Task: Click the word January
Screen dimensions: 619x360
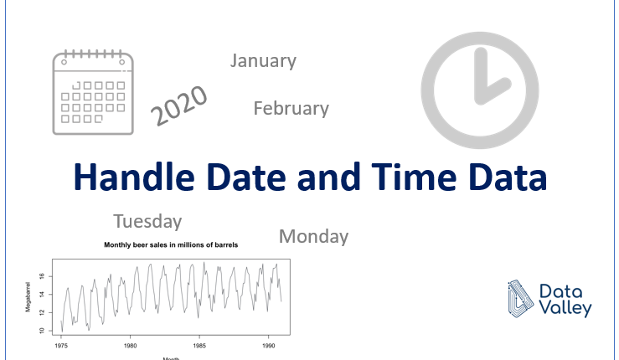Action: pyautogui.click(x=263, y=61)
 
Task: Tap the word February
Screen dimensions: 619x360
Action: pyautogui.click(x=291, y=109)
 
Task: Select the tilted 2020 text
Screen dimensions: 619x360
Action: pyautogui.click(x=179, y=105)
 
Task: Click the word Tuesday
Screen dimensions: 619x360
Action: pyautogui.click(x=147, y=222)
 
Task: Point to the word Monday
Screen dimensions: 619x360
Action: pyautogui.click(x=314, y=237)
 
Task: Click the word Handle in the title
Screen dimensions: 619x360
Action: pyautogui.click(x=134, y=177)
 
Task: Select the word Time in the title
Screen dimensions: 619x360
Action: pyautogui.click(x=414, y=177)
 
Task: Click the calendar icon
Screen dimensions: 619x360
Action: pyautogui.click(x=93, y=92)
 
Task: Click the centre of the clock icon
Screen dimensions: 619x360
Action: pyautogui.click(x=480, y=90)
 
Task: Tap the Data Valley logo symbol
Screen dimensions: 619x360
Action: pyautogui.click(x=521, y=299)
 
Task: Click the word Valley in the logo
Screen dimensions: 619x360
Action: pyautogui.click(x=565, y=308)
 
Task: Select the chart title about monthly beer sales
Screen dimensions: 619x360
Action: pyautogui.click(x=171, y=245)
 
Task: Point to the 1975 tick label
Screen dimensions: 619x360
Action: pyautogui.click(x=61, y=346)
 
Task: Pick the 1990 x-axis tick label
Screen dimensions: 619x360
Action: pyautogui.click(x=268, y=346)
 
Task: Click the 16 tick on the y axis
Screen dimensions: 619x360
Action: pyautogui.click(x=42, y=277)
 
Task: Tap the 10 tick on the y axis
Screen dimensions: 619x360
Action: pyautogui.click(x=42, y=331)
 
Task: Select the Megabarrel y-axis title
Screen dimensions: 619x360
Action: pyautogui.click(x=28, y=297)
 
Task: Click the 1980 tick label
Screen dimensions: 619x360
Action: pyautogui.click(x=131, y=346)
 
